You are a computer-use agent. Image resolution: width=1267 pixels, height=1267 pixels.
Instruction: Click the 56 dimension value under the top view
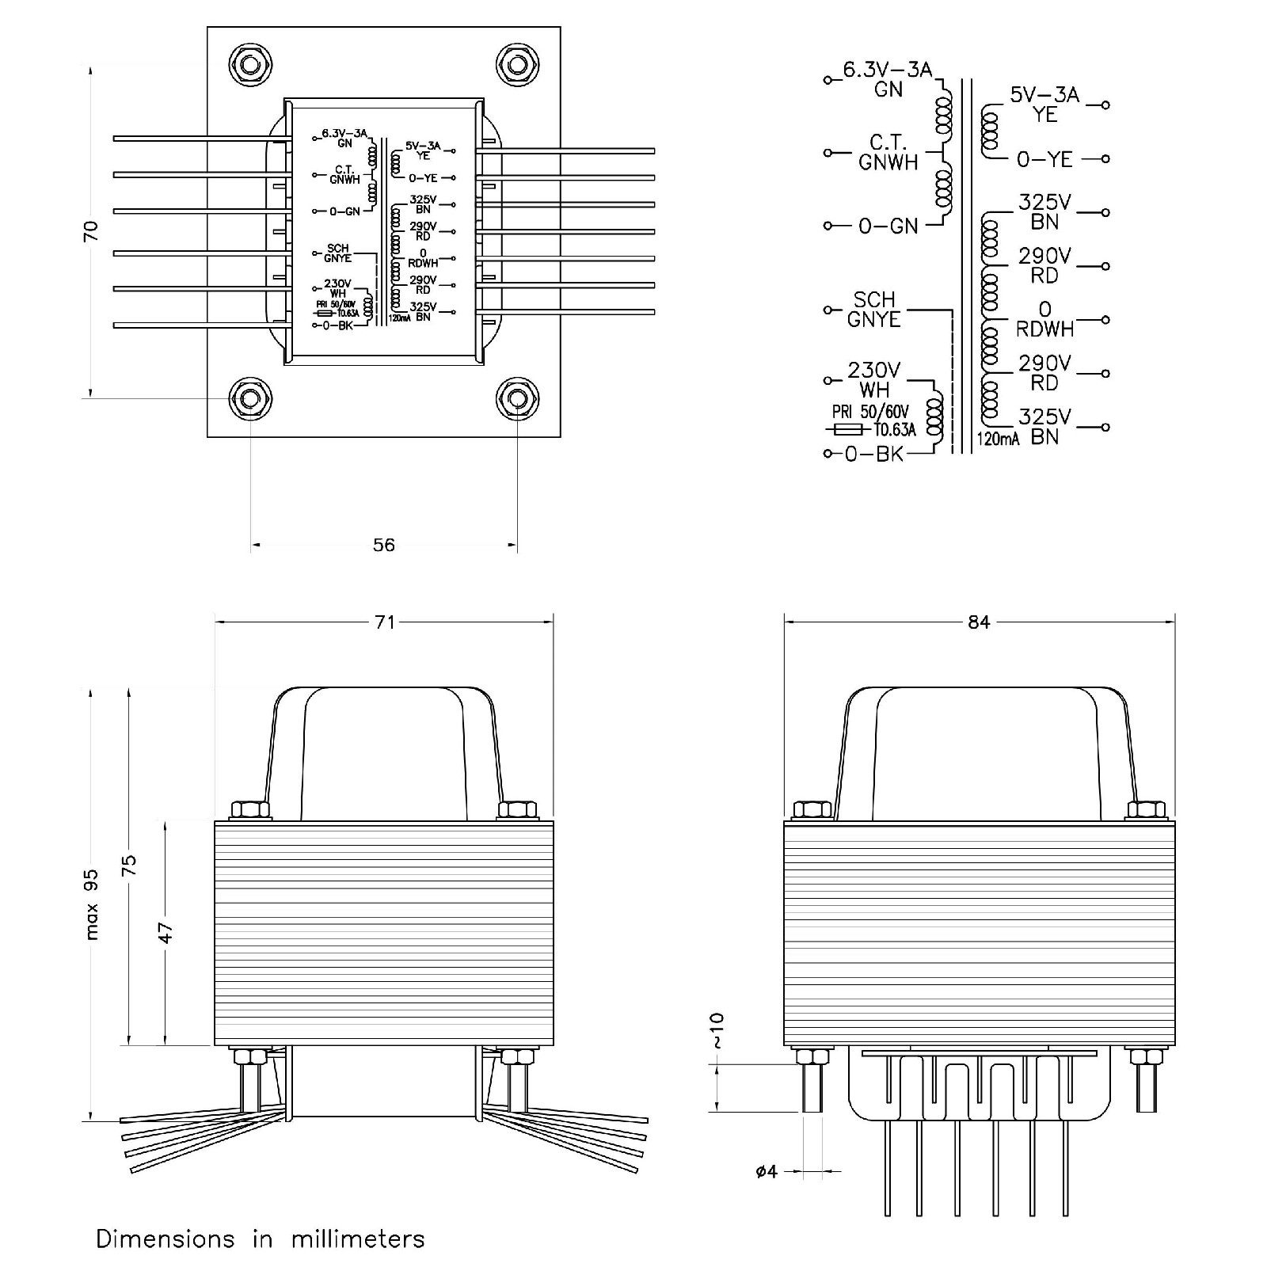[383, 545]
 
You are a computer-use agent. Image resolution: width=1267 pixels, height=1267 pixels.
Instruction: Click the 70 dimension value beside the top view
[91, 230]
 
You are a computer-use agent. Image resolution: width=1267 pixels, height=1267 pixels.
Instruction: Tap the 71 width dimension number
[384, 622]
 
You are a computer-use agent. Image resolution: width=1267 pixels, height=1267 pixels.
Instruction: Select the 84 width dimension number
[979, 622]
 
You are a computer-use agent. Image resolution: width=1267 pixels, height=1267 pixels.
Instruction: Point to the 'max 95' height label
[92, 904]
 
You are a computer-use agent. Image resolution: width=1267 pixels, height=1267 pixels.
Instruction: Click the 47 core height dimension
[166, 932]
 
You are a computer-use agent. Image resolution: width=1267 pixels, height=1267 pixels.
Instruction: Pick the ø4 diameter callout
[767, 1171]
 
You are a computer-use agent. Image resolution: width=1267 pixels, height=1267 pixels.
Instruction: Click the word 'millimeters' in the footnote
[358, 1239]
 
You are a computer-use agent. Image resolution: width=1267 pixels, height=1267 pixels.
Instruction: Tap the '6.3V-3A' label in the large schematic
[887, 70]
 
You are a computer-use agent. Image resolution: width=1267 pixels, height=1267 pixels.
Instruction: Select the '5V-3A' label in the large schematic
[1044, 95]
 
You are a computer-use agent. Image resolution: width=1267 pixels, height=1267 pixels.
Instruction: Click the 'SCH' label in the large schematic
[874, 300]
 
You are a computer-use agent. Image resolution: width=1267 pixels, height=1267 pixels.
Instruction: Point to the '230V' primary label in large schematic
[874, 371]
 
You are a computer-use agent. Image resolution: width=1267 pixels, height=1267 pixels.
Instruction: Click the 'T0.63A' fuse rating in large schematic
[895, 430]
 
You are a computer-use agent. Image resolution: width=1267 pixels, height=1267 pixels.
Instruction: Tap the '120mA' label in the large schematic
[998, 439]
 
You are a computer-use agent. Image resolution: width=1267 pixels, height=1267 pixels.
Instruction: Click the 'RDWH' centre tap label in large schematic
[1044, 329]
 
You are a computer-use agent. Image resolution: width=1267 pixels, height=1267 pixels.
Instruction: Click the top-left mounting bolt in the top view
[250, 63]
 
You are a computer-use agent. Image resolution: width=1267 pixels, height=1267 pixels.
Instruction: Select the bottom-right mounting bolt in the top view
[516, 398]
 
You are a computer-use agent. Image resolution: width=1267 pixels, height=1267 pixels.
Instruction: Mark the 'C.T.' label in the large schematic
[888, 143]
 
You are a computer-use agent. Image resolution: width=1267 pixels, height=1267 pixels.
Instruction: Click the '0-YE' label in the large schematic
[1044, 160]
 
